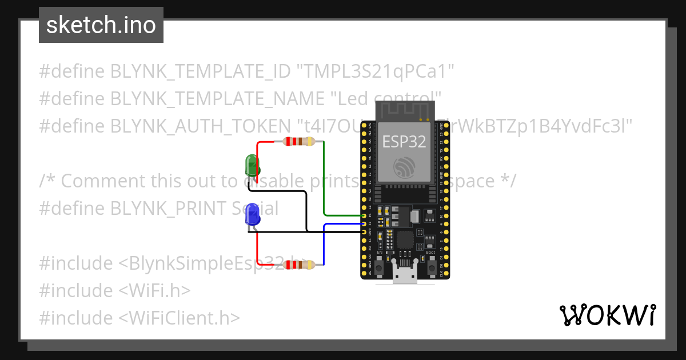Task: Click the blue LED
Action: pos(252,215)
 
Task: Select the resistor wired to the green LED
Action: pos(296,142)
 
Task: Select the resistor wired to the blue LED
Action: pos(296,265)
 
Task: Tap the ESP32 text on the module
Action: pos(404,142)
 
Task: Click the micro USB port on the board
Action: pos(405,277)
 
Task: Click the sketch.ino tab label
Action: pos(101,25)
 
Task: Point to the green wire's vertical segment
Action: pos(324,177)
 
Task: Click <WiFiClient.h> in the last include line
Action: pos(180,318)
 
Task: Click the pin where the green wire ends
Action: pos(364,215)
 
